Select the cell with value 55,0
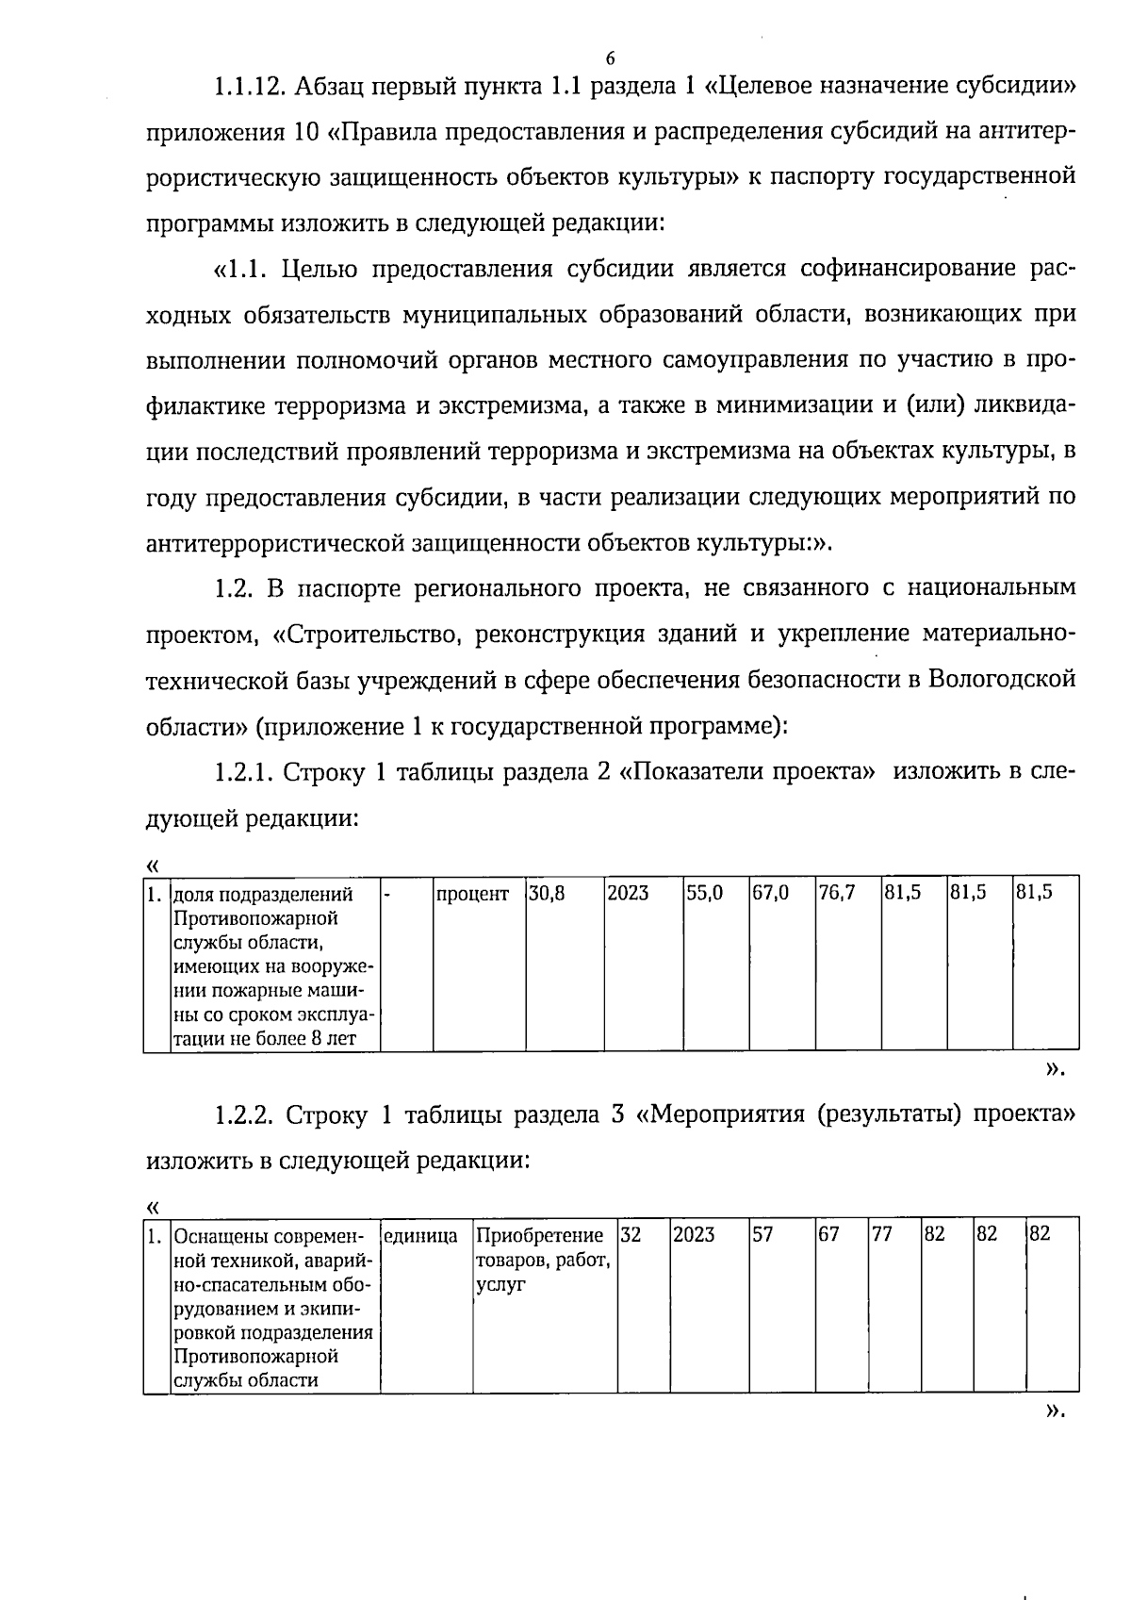704,893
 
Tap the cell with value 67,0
771,893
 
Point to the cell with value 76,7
837,893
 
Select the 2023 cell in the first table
628,893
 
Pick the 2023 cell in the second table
694,1234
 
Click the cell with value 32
631,1234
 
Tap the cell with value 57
762,1234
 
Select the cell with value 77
881,1234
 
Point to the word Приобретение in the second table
540,1235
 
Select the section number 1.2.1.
243,773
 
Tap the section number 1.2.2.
243,1115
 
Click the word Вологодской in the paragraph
1002,681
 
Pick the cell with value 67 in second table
828,1234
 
